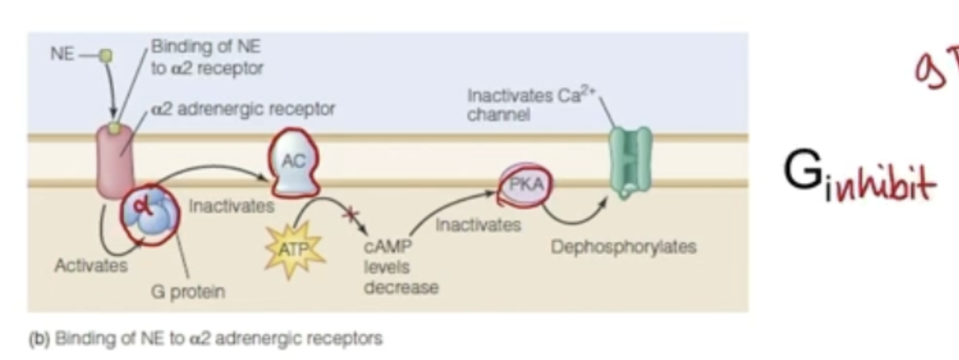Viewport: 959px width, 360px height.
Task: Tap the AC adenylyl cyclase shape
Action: pyautogui.click(x=294, y=162)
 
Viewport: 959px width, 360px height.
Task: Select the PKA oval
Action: pyautogui.click(x=526, y=185)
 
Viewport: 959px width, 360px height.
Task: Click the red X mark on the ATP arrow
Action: pyautogui.click(x=351, y=215)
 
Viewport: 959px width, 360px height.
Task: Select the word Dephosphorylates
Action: pyautogui.click(x=623, y=247)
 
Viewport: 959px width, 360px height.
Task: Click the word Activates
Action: pyautogui.click(x=91, y=265)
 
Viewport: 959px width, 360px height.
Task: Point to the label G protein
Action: pyautogui.click(x=188, y=292)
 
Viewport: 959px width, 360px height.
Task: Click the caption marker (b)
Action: pyautogui.click(x=39, y=338)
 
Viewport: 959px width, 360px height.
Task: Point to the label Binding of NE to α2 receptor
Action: pyautogui.click(x=207, y=57)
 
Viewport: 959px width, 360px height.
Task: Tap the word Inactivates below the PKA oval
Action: pyautogui.click(x=478, y=225)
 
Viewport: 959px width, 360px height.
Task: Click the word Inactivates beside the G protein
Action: pyautogui.click(x=232, y=206)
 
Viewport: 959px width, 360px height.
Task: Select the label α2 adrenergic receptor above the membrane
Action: pyautogui.click(x=243, y=109)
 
